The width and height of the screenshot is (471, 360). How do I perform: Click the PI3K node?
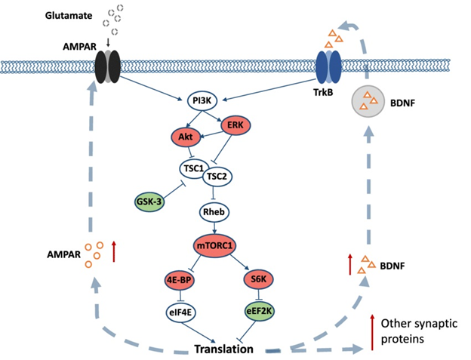(202, 101)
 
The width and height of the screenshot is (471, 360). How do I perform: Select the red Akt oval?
(186, 137)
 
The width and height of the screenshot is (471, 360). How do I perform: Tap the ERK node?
(235, 125)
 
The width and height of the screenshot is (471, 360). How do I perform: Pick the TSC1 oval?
(194, 168)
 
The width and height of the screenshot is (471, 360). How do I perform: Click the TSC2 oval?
(217, 177)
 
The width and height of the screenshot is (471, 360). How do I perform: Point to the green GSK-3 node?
(149, 202)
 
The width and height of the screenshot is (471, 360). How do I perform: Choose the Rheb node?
(214, 212)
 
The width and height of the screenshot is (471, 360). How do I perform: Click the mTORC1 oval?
(214, 246)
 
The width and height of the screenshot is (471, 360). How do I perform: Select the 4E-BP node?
(180, 280)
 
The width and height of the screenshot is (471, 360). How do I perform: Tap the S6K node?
(259, 279)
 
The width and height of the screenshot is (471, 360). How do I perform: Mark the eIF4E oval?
(180, 313)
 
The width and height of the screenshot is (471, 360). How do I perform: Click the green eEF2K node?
(259, 312)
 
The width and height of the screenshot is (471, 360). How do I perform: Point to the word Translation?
(223, 349)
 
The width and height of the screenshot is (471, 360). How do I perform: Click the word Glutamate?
(69, 16)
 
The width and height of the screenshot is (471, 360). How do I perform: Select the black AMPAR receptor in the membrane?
(107, 66)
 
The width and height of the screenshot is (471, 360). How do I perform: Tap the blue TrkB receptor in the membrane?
(328, 66)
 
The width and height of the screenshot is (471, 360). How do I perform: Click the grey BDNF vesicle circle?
(368, 101)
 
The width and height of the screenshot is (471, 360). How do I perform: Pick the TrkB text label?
(323, 92)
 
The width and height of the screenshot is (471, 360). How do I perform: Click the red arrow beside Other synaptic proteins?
(372, 332)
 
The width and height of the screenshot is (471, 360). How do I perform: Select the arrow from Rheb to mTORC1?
(214, 228)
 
